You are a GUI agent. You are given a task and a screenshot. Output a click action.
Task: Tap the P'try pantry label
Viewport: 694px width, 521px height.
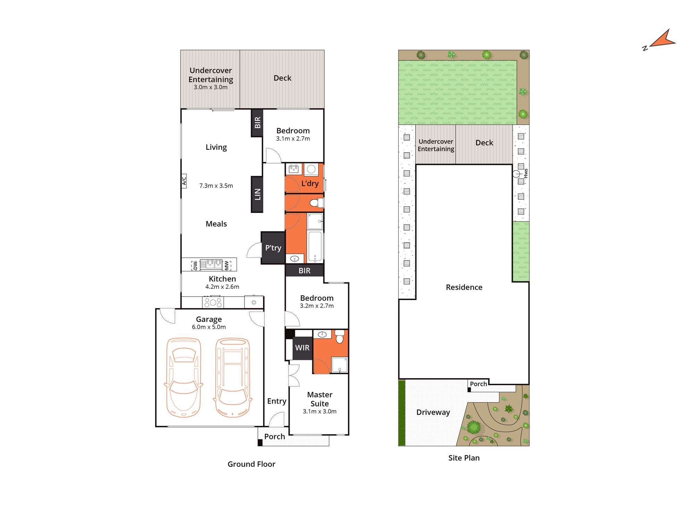point(273,248)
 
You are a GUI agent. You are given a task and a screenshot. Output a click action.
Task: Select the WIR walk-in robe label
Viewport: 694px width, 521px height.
point(302,348)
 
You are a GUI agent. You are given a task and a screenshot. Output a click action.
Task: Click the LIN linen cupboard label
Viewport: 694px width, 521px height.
point(257,194)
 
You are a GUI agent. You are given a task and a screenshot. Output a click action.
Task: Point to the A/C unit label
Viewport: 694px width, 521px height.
point(184,181)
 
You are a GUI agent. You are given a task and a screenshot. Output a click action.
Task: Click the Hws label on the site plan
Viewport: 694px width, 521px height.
point(526,173)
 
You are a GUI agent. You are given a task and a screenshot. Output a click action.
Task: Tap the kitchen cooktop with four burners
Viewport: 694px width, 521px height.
point(213,302)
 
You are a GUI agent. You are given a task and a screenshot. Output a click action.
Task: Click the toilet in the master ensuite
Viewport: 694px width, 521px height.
point(339,337)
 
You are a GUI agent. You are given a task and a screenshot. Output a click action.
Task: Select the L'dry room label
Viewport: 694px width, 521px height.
point(310,183)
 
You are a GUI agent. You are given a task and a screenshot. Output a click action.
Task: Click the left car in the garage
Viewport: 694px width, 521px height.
point(184,378)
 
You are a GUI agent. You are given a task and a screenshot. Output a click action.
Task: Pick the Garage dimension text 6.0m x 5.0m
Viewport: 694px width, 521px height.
point(209,327)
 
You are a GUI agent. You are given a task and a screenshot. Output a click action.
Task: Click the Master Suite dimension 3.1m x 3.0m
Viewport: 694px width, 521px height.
point(320,411)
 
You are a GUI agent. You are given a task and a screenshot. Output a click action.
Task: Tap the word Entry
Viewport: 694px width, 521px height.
point(277,401)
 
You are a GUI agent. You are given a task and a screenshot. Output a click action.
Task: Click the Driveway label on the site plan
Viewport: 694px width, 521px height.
point(433,412)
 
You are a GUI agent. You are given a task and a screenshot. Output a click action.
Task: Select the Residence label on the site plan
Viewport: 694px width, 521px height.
point(464,287)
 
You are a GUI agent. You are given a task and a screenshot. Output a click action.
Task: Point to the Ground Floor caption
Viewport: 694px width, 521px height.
point(251,464)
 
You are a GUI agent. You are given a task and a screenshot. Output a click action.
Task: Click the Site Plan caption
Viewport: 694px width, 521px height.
point(464,458)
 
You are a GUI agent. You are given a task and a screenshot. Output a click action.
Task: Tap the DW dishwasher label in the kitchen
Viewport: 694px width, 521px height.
point(195,265)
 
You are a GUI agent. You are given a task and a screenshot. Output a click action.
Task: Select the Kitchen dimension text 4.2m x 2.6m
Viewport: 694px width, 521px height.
point(222,287)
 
